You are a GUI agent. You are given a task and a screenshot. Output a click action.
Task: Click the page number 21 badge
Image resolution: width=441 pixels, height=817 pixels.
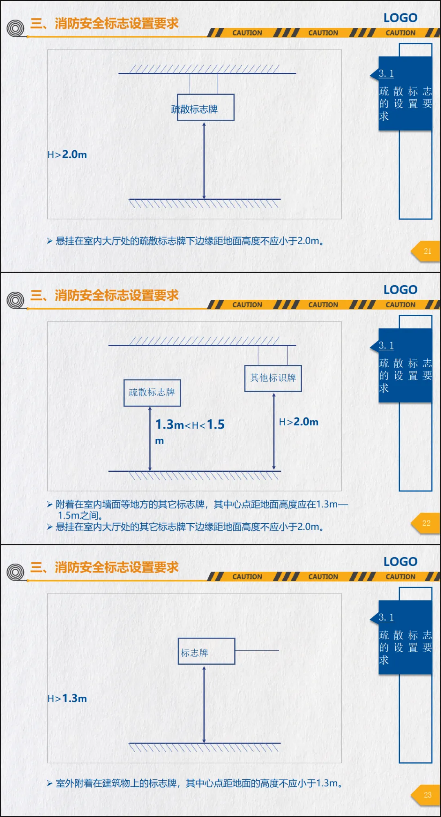point(427,251)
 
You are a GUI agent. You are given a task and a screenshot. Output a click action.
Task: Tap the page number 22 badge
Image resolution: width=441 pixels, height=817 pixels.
point(426,523)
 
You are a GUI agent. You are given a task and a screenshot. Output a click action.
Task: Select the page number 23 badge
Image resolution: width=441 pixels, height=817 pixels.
point(427,795)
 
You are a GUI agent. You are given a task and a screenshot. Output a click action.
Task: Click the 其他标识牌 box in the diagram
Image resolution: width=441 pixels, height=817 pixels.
point(273,378)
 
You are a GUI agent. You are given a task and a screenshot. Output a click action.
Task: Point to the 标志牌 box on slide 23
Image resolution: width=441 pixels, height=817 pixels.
point(206,651)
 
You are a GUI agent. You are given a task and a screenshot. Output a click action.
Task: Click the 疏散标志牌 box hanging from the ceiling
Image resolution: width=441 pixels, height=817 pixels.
point(205,107)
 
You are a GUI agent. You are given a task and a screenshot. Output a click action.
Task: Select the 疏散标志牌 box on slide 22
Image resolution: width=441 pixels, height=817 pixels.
point(152,393)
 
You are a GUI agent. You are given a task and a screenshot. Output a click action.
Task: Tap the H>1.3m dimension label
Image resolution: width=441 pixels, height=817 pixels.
point(67,699)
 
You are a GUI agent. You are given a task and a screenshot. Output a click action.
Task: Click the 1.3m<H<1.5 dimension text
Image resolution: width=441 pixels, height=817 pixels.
point(190,425)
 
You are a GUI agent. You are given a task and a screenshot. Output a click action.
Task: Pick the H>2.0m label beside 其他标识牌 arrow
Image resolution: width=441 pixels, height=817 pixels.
point(298,422)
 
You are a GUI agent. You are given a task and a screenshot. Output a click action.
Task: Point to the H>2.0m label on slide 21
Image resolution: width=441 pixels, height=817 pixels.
point(67,155)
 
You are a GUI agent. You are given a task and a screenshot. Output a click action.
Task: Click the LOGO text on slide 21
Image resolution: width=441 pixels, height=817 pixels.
point(400,18)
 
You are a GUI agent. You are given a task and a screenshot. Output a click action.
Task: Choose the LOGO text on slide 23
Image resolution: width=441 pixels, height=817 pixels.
point(400,562)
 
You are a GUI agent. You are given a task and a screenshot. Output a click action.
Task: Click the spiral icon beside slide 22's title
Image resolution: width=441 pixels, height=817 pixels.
point(16,300)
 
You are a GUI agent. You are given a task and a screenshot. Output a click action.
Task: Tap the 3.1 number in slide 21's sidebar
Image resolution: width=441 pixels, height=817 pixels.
point(386,74)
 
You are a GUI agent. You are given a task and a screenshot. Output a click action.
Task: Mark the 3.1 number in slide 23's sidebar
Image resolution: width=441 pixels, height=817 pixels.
point(386,617)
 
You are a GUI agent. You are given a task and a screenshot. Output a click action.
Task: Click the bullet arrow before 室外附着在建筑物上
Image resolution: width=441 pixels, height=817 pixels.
point(49,783)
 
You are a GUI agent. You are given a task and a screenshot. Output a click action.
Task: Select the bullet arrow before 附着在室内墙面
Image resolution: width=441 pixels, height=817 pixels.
point(49,504)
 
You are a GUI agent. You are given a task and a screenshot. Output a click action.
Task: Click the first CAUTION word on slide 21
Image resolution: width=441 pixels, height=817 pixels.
point(247,33)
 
